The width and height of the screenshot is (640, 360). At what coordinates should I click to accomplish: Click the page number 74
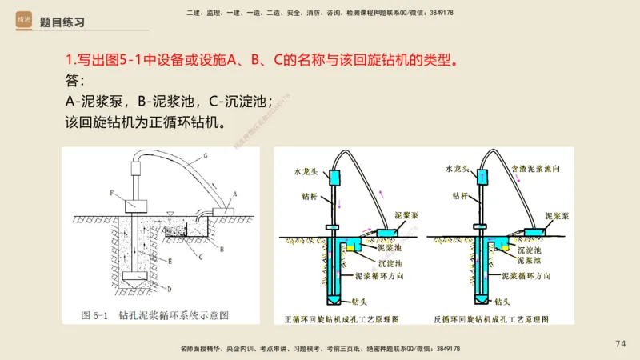(x=620, y=343)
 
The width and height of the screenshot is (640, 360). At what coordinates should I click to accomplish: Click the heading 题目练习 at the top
(x=62, y=22)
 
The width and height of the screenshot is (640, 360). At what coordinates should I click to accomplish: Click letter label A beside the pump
(x=234, y=194)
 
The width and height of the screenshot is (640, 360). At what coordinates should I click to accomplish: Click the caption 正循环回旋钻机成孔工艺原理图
(x=348, y=318)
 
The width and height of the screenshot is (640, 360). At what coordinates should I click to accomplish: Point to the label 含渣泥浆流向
(x=539, y=170)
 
